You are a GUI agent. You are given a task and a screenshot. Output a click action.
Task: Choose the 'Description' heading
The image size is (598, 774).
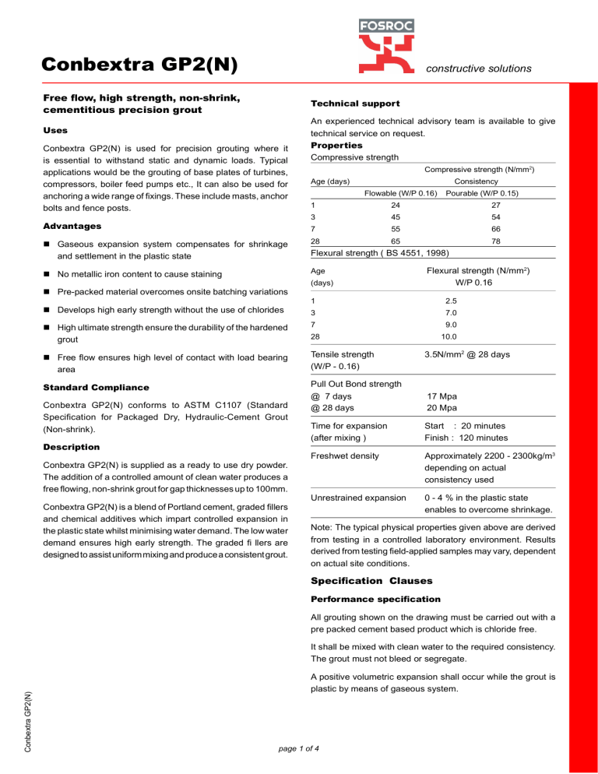[x=71, y=447]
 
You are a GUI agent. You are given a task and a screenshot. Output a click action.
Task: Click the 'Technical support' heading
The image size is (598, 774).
[x=355, y=104]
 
